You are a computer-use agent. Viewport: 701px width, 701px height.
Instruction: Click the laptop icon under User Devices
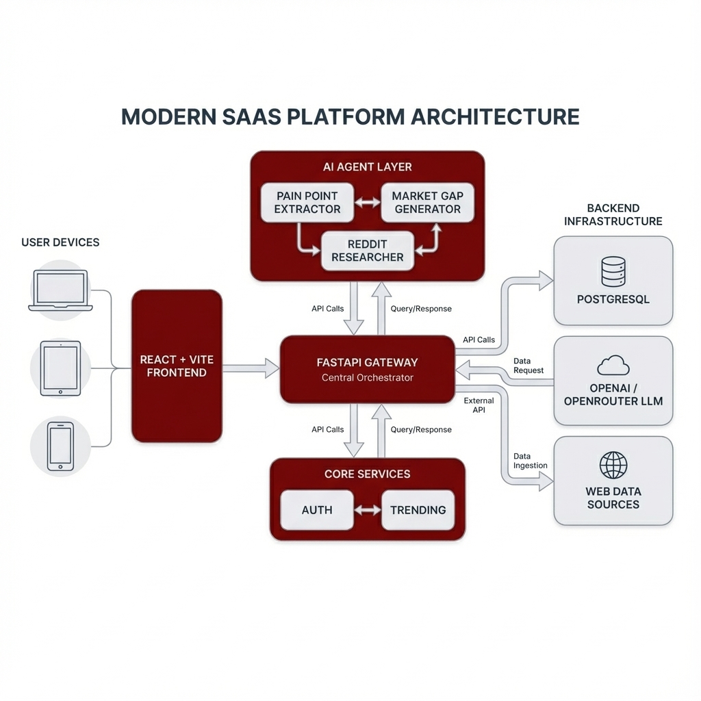(x=60, y=290)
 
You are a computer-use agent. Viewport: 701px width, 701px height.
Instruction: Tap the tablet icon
(x=60, y=368)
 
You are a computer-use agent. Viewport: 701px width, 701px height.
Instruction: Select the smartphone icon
(x=60, y=446)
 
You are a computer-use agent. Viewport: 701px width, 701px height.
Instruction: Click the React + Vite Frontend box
(x=177, y=366)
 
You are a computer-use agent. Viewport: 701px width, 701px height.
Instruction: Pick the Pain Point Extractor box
(x=307, y=202)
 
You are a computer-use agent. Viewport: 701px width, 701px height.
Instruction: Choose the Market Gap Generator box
(x=427, y=202)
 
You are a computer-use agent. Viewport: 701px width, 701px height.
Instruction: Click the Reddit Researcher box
(x=368, y=251)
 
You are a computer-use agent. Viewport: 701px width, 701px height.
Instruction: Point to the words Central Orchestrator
(x=368, y=378)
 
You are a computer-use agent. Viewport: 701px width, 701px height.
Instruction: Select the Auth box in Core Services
(x=317, y=510)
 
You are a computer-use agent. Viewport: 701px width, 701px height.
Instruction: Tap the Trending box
(x=418, y=510)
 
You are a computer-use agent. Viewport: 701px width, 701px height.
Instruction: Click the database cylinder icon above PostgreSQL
(x=613, y=271)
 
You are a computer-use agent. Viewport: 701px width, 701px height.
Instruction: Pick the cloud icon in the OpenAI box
(x=613, y=366)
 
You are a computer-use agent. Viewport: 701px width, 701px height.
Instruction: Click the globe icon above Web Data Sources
(x=613, y=466)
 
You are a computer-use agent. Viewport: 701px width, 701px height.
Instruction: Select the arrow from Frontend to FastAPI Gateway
(x=251, y=368)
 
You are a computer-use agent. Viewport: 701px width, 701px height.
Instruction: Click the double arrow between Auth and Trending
(x=368, y=510)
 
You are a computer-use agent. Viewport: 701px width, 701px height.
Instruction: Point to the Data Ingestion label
(x=530, y=461)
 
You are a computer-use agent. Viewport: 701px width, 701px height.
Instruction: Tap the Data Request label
(x=528, y=366)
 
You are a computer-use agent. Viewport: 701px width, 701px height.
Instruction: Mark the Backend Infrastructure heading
(x=613, y=214)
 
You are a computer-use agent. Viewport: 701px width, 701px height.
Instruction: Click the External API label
(x=479, y=405)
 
